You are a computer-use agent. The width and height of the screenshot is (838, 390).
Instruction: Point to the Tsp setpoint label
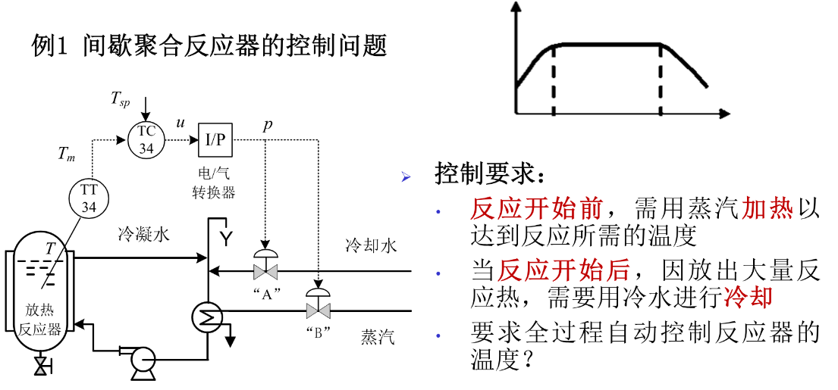coord(121,98)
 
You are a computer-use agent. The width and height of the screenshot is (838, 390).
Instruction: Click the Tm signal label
coord(66,155)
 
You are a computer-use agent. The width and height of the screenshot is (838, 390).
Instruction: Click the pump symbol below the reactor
coord(140,362)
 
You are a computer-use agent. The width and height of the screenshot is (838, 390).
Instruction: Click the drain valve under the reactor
coord(41,367)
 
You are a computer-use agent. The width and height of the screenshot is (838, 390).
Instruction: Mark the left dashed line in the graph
coord(554,80)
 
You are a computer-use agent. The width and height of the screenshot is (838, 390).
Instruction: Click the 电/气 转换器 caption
coord(214,183)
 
